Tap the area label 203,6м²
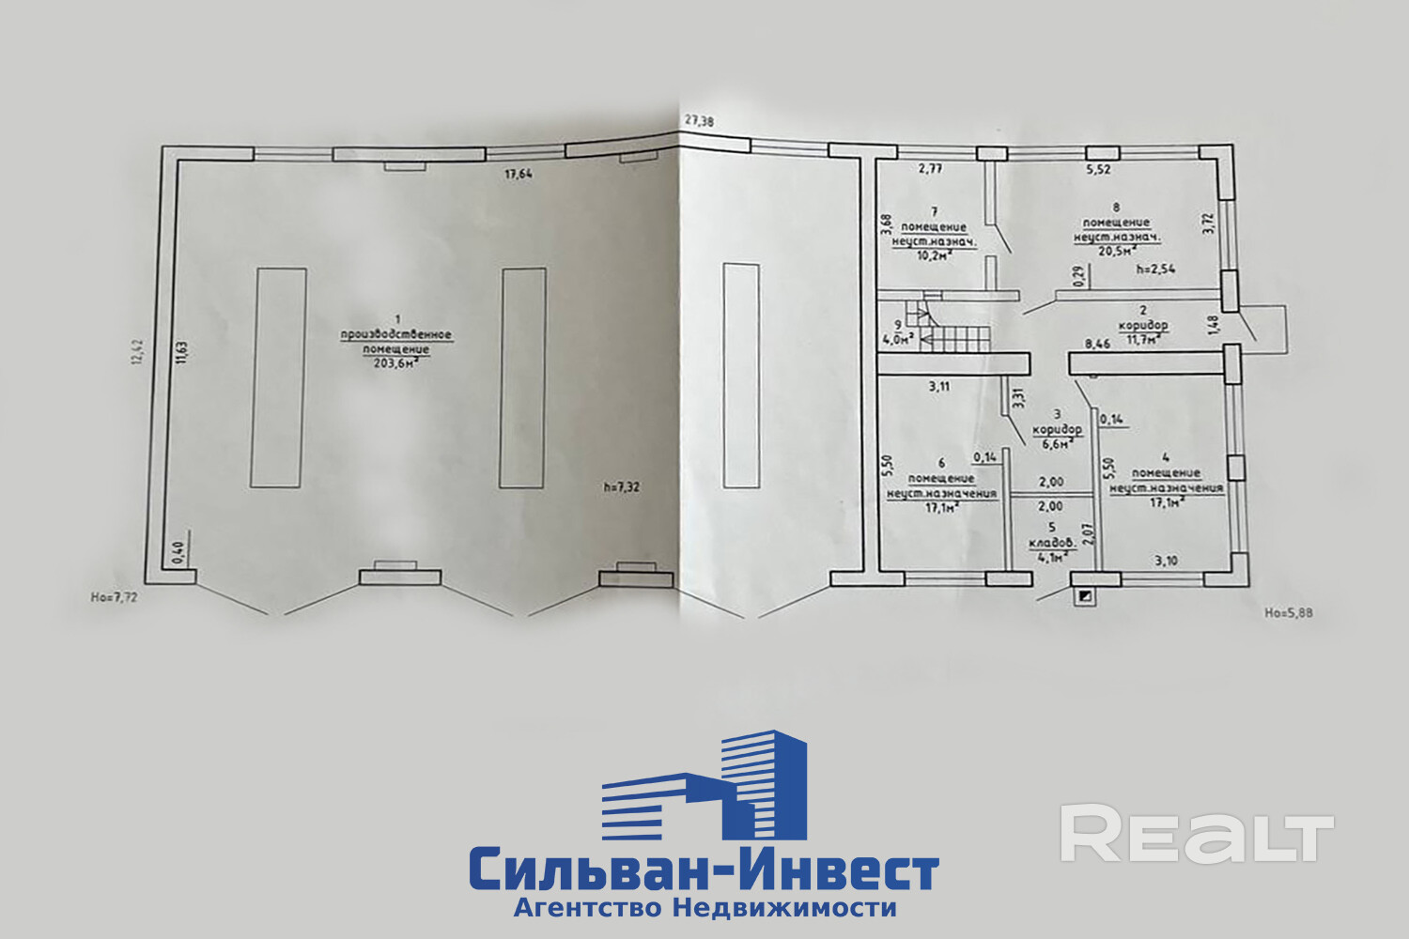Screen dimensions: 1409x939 click(x=395, y=364)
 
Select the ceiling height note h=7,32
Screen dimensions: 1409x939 click(x=623, y=486)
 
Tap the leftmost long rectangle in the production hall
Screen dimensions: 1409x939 click(x=278, y=377)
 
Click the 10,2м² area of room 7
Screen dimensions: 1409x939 click(x=934, y=254)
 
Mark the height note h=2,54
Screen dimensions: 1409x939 click(x=1155, y=269)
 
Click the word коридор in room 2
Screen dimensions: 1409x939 click(x=1142, y=326)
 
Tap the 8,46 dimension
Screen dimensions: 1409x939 click(x=1097, y=345)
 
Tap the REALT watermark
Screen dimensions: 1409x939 click(x=1197, y=834)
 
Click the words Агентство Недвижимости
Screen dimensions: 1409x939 click(x=704, y=908)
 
